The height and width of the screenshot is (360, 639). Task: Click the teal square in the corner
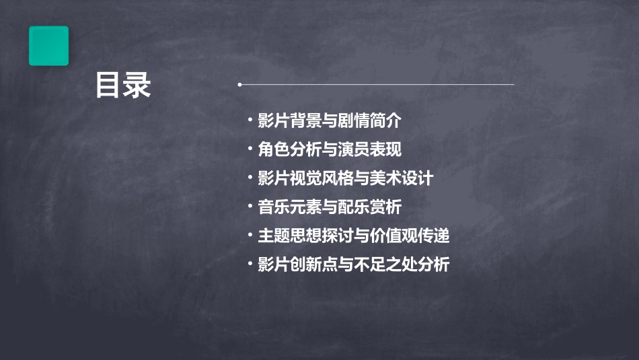pyautogui.click(x=48, y=46)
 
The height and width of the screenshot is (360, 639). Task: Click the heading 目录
pyautogui.click(x=123, y=85)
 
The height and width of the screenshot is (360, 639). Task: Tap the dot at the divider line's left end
pyautogui.click(x=240, y=85)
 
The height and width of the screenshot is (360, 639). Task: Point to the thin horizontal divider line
pyautogui.click(x=377, y=85)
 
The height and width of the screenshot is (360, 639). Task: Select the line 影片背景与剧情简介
pyautogui.click(x=330, y=121)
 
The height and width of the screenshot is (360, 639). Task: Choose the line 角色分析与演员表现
pyautogui.click(x=330, y=149)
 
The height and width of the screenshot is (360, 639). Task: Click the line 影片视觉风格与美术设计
pyautogui.click(x=345, y=178)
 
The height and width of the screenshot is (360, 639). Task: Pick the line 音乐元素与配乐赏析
pyautogui.click(x=330, y=207)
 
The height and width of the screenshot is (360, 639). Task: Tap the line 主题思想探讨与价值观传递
pyautogui.click(x=353, y=236)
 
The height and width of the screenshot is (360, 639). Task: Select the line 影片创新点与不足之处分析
pyautogui.click(x=353, y=265)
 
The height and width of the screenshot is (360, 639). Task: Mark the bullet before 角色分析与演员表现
pyautogui.click(x=250, y=149)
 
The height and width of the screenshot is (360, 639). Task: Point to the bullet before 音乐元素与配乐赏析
pyautogui.click(x=250, y=207)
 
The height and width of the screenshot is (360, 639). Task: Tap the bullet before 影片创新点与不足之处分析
pyautogui.click(x=250, y=265)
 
